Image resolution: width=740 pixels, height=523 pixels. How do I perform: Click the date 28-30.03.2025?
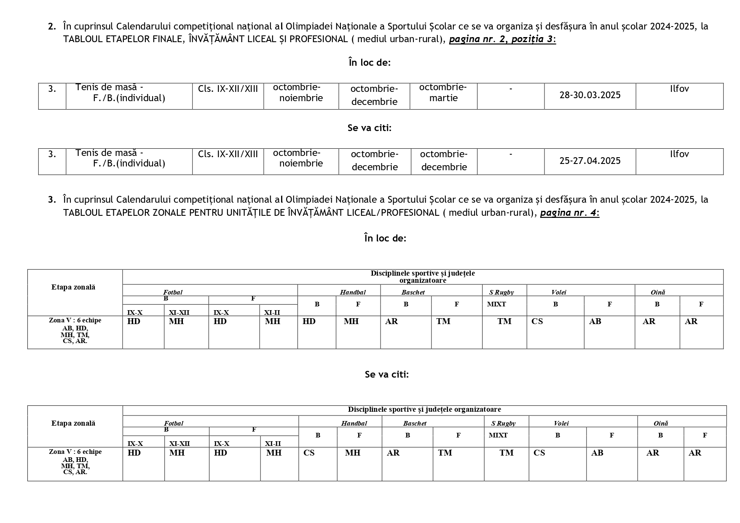[590, 95]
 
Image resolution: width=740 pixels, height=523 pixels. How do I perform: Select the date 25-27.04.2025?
[590, 161]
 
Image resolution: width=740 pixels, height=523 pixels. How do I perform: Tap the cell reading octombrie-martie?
[443, 93]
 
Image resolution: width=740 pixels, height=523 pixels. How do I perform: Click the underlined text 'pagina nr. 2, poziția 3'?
[501, 40]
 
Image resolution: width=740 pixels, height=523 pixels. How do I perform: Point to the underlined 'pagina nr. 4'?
[568, 213]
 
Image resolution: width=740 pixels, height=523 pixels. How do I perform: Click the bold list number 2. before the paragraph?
[52, 27]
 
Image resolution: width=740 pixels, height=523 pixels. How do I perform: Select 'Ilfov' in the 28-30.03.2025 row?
[679, 89]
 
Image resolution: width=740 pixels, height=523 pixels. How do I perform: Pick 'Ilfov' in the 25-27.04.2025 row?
[679, 154]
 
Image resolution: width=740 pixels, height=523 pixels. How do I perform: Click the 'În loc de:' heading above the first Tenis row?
[370, 63]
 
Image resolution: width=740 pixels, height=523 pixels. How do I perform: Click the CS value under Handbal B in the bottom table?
[309, 453]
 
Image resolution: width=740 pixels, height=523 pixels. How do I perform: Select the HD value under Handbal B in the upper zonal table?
[309, 322]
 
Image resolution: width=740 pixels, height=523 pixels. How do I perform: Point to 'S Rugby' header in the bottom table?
[503, 424]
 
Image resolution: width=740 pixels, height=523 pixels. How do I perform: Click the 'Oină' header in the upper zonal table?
[657, 292]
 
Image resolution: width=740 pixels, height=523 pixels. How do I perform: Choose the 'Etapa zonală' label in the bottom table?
[73, 424]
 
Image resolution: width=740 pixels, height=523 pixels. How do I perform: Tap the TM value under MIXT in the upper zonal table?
[504, 322]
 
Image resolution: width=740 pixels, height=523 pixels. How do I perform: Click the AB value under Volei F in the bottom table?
[597, 453]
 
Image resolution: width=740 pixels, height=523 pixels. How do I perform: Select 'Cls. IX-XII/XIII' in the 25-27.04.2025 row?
[228, 154]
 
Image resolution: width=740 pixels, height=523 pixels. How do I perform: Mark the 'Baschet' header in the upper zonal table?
[413, 292]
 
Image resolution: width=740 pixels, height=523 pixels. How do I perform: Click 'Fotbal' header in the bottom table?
[174, 424]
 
